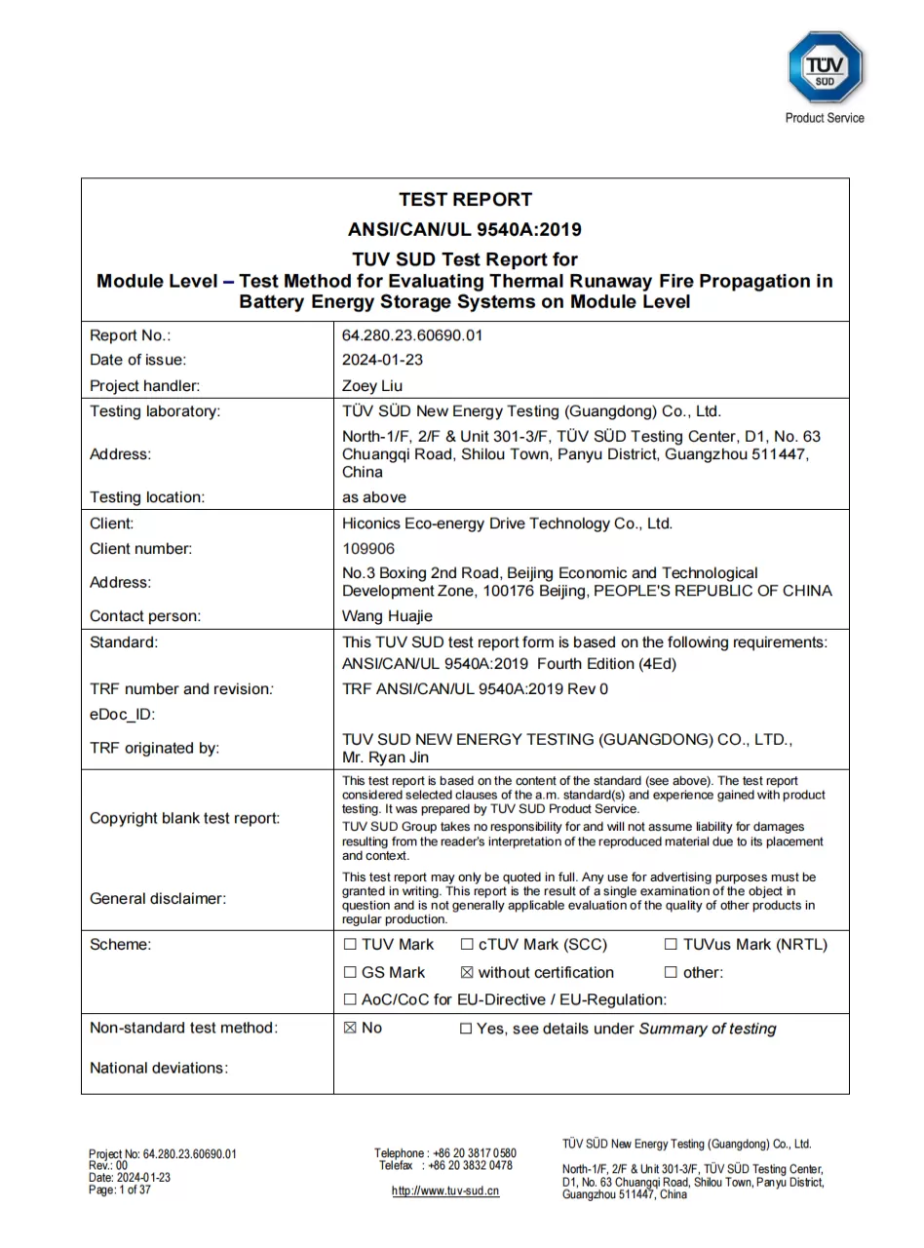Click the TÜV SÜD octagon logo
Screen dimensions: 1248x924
pyautogui.click(x=825, y=67)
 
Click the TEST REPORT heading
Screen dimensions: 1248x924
pyautogui.click(x=465, y=200)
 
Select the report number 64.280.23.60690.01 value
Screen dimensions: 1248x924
pyautogui.click(x=412, y=335)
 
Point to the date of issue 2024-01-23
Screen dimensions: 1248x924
pyautogui.click(x=382, y=360)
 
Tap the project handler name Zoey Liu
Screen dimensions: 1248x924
pyautogui.click(x=372, y=386)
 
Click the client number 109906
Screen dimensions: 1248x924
pyautogui.click(x=368, y=549)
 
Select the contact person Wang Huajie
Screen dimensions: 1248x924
pyautogui.click(x=387, y=616)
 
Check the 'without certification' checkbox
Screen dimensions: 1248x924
pyautogui.click(x=467, y=973)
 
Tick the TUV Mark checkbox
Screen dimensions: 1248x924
pyautogui.click(x=350, y=945)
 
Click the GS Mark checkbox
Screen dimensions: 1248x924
pyautogui.click(x=350, y=973)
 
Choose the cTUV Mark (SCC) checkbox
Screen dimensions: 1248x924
pyautogui.click(x=467, y=945)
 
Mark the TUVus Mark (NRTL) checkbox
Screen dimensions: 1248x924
pyautogui.click(x=671, y=945)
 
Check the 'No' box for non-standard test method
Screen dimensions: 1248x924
pyautogui.click(x=350, y=1029)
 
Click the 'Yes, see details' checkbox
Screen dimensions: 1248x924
pyautogui.click(x=466, y=1029)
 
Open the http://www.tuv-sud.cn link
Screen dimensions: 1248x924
pyautogui.click(x=445, y=1191)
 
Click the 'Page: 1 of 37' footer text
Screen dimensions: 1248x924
pyautogui.click(x=120, y=1190)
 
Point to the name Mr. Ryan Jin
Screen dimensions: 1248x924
pyautogui.click(x=385, y=758)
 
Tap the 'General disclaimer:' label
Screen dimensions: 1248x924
pyautogui.click(x=158, y=899)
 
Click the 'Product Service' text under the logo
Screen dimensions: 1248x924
pyautogui.click(x=825, y=118)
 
